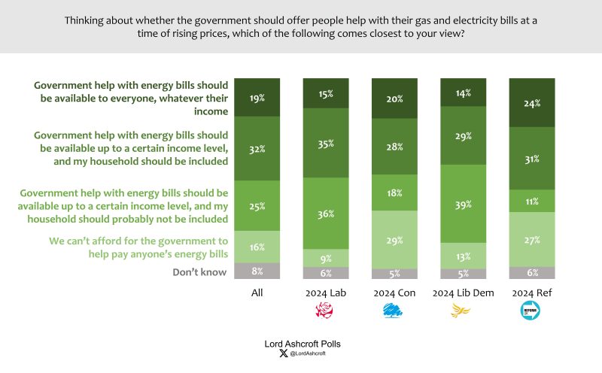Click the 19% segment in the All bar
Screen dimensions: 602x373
point(257,98)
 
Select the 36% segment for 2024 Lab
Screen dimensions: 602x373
point(326,214)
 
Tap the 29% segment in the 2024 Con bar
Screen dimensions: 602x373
point(394,240)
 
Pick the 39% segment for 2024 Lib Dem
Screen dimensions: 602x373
point(463,204)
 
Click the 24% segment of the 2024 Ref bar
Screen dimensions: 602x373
point(532,103)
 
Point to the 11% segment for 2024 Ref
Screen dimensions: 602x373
point(532,201)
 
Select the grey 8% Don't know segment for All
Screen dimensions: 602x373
point(257,271)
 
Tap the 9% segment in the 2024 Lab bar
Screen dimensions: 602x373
point(326,258)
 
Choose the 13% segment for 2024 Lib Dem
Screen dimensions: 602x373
point(463,256)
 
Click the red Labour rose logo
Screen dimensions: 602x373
point(324,310)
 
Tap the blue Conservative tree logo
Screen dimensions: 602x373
point(392,310)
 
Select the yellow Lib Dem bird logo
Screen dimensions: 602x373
point(461,311)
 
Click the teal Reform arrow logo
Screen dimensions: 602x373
point(531,311)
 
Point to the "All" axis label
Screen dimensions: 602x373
point(257,293)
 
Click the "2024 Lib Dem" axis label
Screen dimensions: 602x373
point(463,293)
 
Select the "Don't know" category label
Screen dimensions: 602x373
point(199,272)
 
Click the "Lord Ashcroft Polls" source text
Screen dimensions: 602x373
point(303,344)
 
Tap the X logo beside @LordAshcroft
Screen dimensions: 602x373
point(284,353)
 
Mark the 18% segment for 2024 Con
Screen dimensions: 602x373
point(394,193)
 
